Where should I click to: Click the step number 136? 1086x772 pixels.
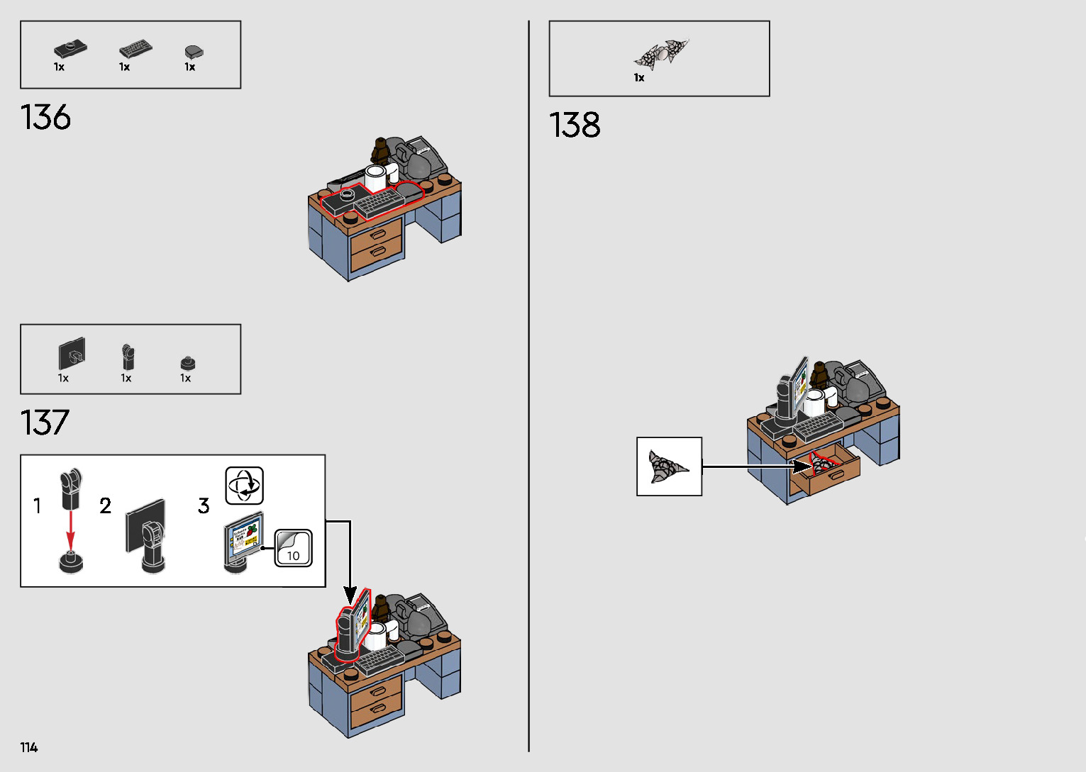point(46,118)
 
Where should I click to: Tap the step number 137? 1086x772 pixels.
point(45,423)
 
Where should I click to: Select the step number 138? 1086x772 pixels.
point(575,125)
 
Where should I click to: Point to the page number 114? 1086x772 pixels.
point(29,747)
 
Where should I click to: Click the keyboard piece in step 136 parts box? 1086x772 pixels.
point(135,49)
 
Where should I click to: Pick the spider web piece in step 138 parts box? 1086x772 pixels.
point(661,54)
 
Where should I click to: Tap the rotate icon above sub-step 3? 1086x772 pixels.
point(245,486)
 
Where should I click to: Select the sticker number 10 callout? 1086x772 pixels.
point(294,548)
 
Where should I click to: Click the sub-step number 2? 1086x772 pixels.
point(105,506)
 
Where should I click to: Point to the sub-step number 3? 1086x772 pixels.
point(204,506)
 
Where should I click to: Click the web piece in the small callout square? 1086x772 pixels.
point(667,467)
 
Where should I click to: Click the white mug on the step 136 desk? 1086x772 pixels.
point(375,177)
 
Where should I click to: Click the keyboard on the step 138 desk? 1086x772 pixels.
point(817,427)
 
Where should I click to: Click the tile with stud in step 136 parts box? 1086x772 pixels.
point(70,49)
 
